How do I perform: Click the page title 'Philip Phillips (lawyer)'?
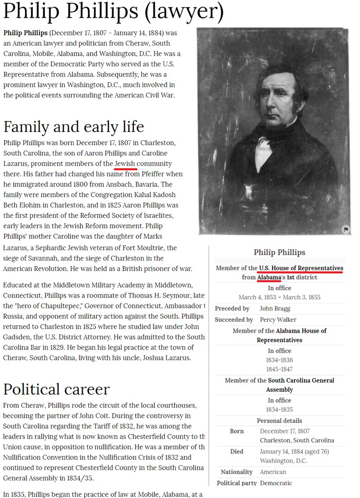[113, 13]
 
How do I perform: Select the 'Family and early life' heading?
[73, 126]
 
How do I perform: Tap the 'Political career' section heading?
[56, 389]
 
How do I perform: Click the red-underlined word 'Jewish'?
[125, 164]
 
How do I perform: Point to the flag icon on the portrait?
[346, 229]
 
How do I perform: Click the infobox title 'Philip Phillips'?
[279, 252]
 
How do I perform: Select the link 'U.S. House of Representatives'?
[301, 269]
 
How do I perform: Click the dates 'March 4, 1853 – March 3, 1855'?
[279, 297]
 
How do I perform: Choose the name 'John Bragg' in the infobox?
[275, 308]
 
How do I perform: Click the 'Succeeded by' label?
[234, 320]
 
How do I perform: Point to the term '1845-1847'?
[279, 369]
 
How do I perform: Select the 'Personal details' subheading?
[279, 420]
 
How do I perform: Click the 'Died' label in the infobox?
[237, 452]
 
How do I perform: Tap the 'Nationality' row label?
[236, 472]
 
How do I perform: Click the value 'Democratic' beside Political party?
[276, 483]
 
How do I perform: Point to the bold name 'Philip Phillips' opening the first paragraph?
[26, 33]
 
